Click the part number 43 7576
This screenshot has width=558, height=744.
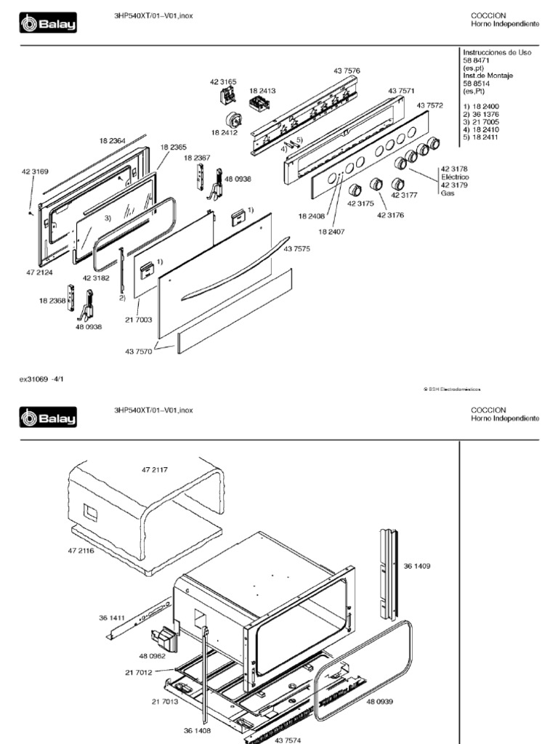347,70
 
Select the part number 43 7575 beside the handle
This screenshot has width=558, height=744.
296,249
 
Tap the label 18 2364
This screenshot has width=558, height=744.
113,140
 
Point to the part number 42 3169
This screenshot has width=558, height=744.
35,172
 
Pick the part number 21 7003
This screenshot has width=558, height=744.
138,320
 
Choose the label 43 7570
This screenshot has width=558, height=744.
138,352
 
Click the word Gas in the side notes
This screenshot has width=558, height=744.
448,193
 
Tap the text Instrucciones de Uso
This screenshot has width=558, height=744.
497,53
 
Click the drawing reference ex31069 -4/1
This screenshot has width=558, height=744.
42,379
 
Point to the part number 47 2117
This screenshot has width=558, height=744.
154,470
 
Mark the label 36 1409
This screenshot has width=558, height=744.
417,566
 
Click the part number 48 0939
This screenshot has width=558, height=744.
379,702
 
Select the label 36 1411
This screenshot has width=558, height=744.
112,618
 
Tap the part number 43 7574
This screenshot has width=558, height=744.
288,740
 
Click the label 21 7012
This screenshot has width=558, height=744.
138,672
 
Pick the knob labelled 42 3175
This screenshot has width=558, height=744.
355,190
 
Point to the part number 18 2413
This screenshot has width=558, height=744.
262,92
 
